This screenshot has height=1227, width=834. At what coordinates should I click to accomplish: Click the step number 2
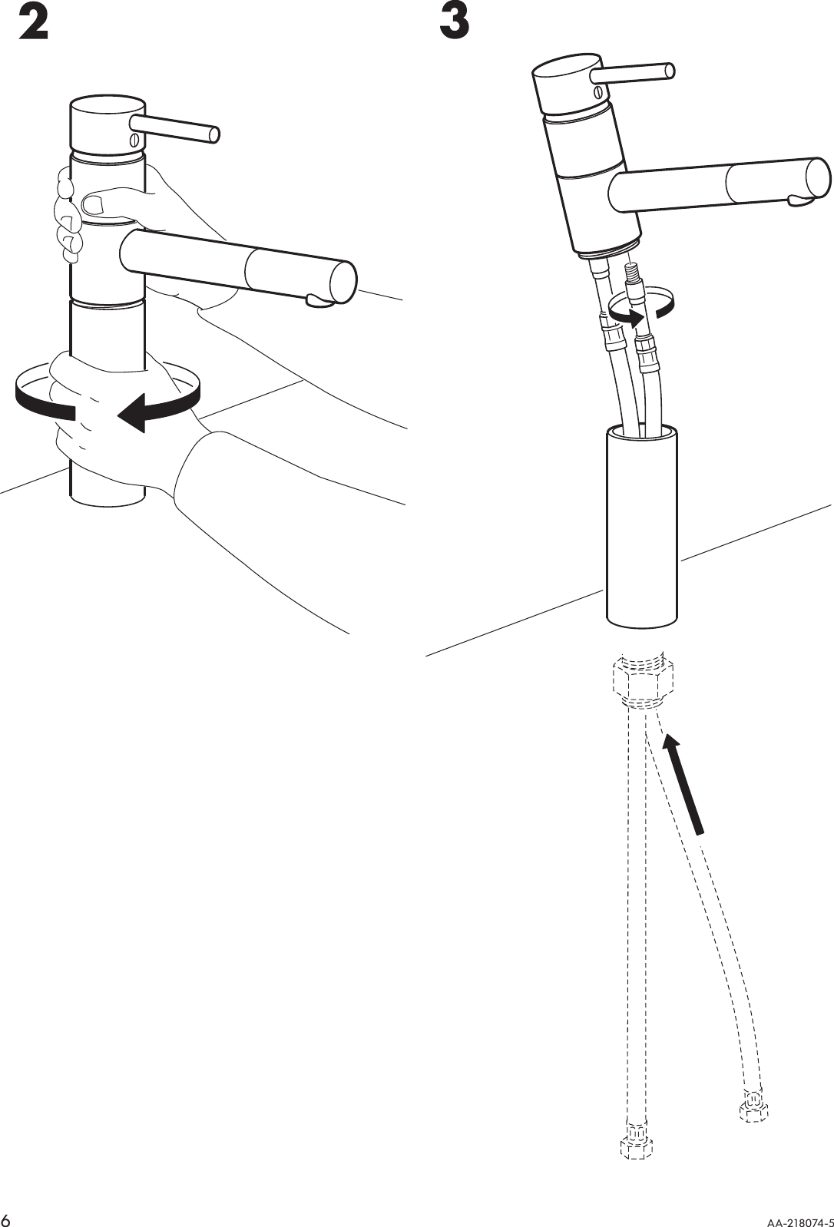click(x=33, y=24)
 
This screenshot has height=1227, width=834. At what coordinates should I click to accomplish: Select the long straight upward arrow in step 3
click(x=683, y=783)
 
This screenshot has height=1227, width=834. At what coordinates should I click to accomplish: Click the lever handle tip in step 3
click(x=670, y=71)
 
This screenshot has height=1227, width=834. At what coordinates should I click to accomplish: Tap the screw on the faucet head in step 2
click(x=134, y=139)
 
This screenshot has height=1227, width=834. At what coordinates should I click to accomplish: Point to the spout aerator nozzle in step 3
click(x=801, y=200)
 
